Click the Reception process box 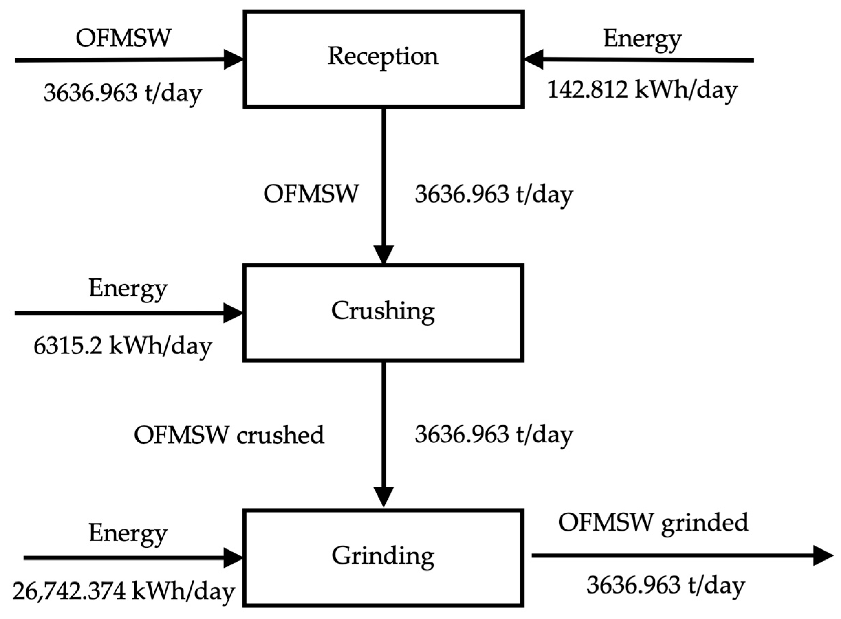383,59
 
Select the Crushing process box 383,313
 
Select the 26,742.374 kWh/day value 123,591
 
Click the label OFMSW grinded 653,522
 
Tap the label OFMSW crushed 229,435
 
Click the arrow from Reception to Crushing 383,184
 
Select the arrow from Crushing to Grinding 383,431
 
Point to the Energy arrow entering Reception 637,60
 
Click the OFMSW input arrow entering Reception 123,60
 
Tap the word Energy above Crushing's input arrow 128,289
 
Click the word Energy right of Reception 642,39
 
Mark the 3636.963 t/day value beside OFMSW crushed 494,435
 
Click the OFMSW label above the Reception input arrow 123,38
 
